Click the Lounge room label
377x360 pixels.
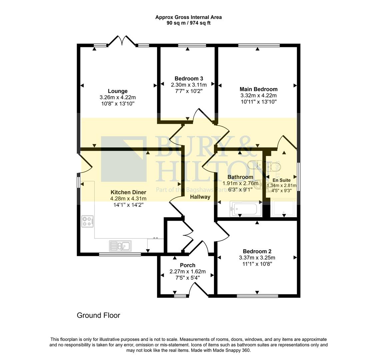117,91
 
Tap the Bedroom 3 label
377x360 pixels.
189,79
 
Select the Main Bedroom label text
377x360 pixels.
258,89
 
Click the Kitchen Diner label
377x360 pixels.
128,192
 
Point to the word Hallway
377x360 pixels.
200,197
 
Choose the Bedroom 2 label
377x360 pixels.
257,251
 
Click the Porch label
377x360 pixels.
187,265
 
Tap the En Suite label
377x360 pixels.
281,180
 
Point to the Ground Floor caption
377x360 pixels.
98,315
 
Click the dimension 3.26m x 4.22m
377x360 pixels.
117,97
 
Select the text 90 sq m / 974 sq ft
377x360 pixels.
188,23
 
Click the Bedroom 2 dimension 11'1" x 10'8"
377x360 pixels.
257,264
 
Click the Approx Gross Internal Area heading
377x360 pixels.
188,17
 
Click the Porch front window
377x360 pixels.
180,296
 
